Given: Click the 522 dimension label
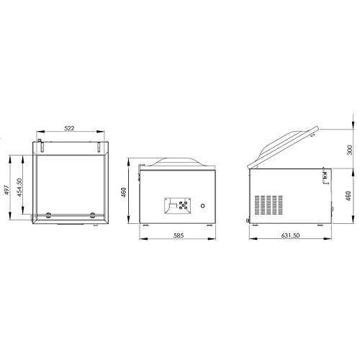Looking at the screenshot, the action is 69,128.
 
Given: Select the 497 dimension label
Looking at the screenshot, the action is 7,190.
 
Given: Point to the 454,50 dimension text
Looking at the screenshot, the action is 19,187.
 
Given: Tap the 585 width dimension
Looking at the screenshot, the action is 179,235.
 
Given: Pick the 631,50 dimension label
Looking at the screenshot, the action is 290,235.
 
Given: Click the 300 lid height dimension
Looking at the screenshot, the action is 350,150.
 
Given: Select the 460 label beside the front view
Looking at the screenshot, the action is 124,192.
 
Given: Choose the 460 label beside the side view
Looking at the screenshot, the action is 348,196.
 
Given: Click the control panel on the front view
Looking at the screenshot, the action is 178,206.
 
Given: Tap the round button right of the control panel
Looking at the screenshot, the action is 202,206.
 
